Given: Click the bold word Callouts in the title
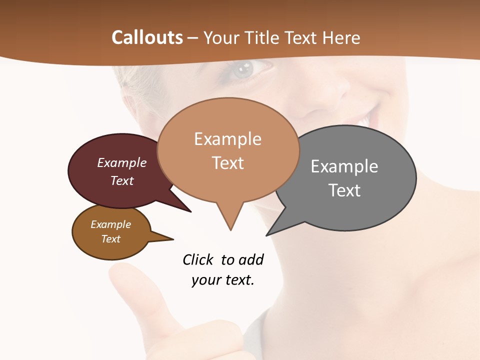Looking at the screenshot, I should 147,37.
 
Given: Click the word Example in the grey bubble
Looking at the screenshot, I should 344,166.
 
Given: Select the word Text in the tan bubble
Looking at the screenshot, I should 228,163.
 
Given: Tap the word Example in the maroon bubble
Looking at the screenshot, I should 122,162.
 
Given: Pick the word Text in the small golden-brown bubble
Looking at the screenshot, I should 111,239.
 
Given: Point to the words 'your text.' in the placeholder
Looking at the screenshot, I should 223,280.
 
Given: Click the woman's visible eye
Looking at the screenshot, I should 246,68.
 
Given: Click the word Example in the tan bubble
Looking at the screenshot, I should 228,139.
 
